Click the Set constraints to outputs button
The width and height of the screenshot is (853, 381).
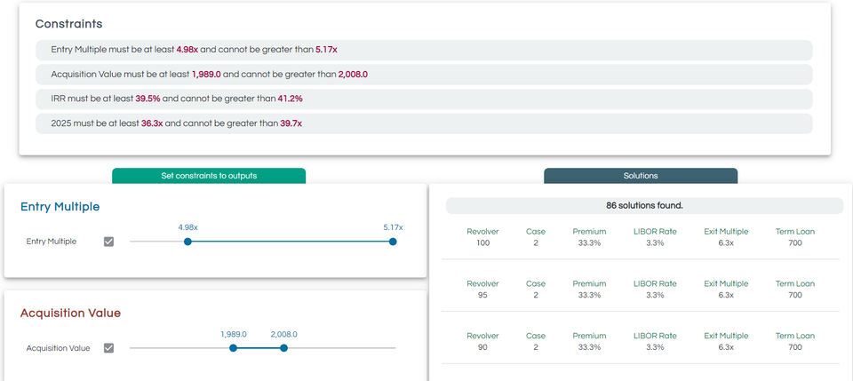209,176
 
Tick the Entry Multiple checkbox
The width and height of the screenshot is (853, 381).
109,242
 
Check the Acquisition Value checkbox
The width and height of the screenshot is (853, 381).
109,348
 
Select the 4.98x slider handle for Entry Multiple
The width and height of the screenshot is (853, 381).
187,242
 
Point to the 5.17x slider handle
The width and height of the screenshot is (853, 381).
393,242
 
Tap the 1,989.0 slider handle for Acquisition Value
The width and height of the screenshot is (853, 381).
234,348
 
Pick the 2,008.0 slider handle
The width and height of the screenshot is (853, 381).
283,348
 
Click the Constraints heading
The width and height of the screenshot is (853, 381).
68,24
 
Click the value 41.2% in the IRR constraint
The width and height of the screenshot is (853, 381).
290,99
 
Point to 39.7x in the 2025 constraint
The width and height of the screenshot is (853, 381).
291,123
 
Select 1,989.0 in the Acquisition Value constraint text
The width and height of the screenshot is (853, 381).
207,75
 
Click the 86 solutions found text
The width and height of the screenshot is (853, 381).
644,205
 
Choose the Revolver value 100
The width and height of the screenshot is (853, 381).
482,243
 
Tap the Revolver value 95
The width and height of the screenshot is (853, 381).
482,295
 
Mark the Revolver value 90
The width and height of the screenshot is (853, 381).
482,347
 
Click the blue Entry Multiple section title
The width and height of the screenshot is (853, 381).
60,207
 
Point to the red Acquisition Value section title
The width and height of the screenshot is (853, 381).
70,313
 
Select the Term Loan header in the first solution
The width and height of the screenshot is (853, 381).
794,232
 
